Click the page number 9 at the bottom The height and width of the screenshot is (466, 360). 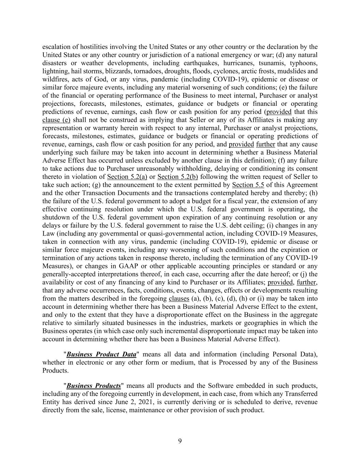coord(180,441)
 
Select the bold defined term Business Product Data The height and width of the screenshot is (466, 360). coord(101,354)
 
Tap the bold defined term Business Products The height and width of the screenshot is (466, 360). coord(94,386)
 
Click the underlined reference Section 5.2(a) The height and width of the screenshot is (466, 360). coord(127,177)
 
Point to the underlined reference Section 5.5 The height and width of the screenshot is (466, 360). coord(248,185)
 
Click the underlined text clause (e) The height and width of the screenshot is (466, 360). coord(56,120)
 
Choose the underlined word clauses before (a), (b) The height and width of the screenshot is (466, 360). coord(179,299)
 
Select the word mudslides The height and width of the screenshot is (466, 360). coord(291,71)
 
